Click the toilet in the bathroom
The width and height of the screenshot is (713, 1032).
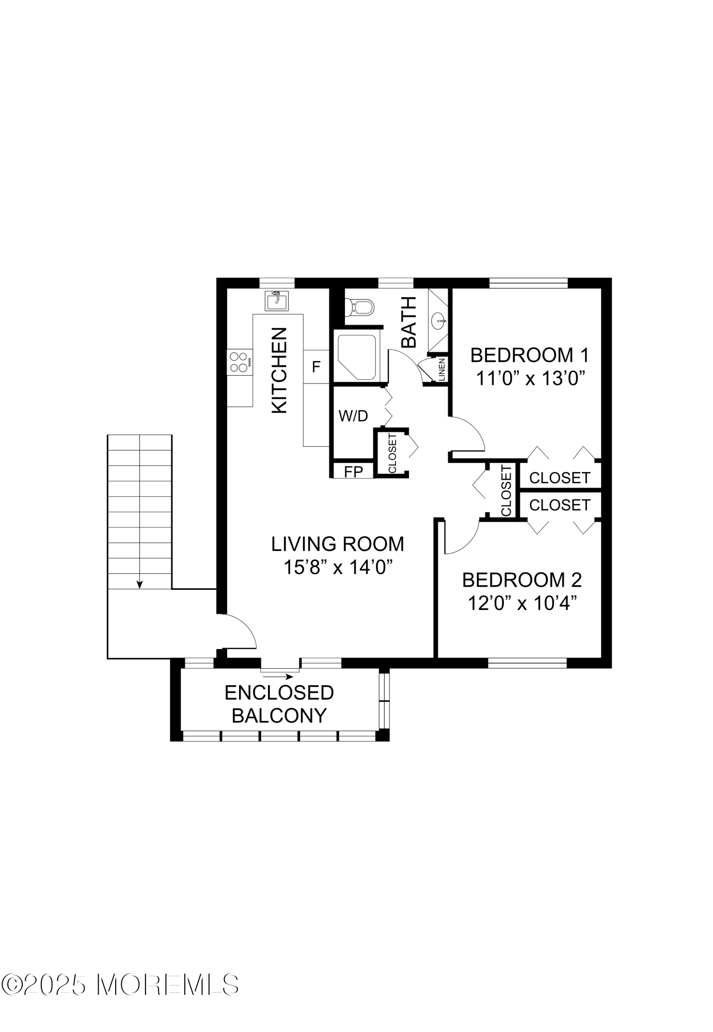pos(359,308)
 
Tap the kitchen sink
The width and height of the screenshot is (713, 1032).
pos(277,301)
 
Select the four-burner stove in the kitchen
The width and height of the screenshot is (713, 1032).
pos(240,362)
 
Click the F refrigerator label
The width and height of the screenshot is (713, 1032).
pos(316,367)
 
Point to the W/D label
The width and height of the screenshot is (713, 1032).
pos(353,416)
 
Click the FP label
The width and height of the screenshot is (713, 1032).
pos(353,471)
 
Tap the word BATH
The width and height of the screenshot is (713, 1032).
pos(409,322)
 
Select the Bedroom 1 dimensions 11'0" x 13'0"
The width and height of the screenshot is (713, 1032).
pos(530,379)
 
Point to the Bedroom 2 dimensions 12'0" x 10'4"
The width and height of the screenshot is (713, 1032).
pos(522,603)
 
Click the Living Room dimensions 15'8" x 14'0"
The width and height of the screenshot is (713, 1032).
pos(338,567)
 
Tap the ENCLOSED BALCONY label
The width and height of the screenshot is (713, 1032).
pos(279,704)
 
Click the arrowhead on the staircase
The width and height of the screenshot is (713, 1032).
pos(139,584)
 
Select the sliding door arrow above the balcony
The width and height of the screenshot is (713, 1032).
pos(278,676)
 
